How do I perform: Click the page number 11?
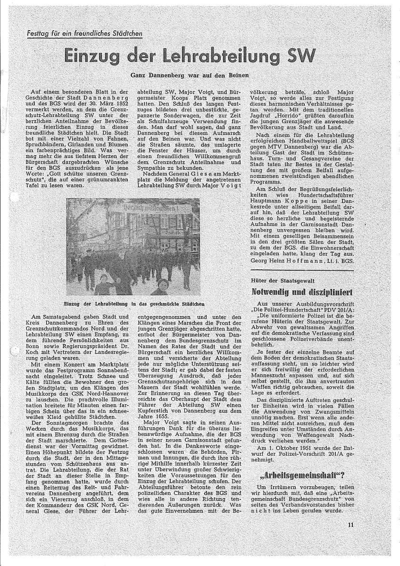tap(350, 524)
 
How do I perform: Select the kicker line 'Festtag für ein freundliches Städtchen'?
tap(84, 33)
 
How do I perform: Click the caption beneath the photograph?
tap(134, 304)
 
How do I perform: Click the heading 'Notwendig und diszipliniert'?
tap(302, 292)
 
